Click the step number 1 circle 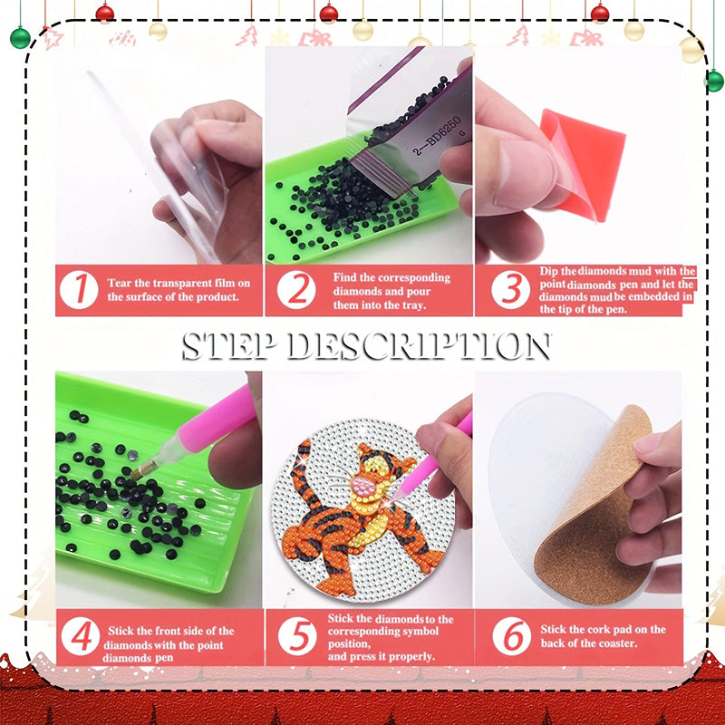click(80, 290)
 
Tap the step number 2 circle click(295, 290)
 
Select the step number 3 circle click(510, 290)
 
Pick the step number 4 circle click(80, 636)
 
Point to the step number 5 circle click(295, 636)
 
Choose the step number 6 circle click(510, 636)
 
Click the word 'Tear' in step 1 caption click(122, 283)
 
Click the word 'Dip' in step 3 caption click(549, 271)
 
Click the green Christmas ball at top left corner click(20, 37)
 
